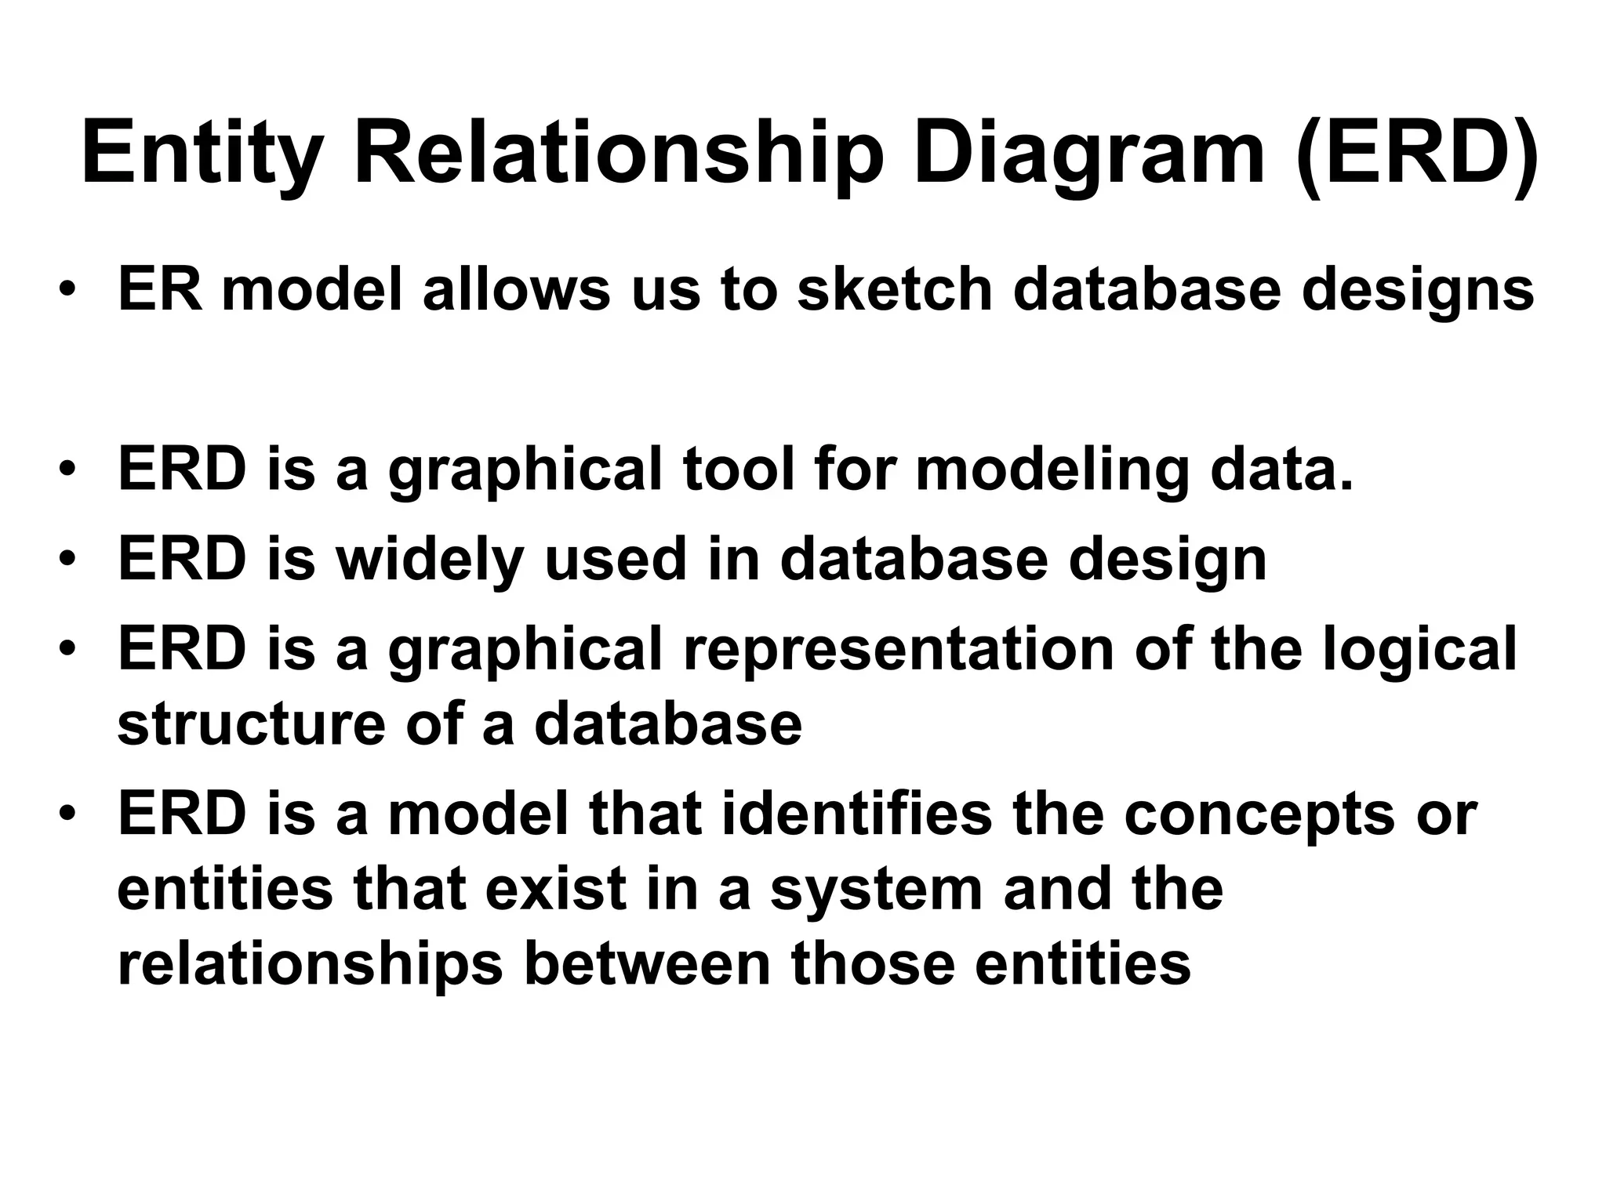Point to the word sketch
[894, 289]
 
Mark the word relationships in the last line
[310, 963]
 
